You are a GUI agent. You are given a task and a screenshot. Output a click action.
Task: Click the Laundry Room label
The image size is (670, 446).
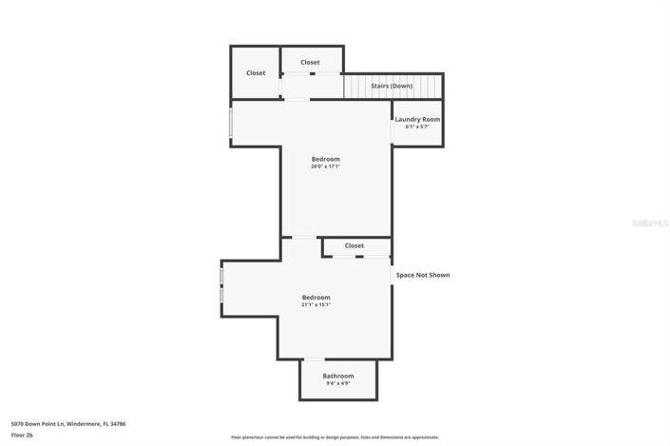[x=417, y=119]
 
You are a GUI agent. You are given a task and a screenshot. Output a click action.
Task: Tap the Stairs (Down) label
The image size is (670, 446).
[x=391, y=86]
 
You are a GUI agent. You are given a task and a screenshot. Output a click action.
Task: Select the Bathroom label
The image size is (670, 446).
[x=337, y=376]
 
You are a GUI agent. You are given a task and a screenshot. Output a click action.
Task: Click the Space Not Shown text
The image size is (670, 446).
[x=423, y=275]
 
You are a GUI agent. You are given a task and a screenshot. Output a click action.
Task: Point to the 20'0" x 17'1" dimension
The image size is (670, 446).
[x=325, y=166]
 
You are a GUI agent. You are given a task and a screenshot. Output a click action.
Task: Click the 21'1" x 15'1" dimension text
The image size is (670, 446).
[x=316, y=305]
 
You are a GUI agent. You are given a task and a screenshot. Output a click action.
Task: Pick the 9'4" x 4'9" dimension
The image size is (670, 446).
[x=337, y=384]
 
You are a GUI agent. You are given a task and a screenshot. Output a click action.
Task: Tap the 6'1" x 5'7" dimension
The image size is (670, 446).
[x=417, y=126]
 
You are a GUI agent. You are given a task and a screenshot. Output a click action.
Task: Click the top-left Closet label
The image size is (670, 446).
[x=256, y=73]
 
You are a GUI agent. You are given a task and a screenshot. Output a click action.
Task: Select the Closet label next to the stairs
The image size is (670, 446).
[x=310, y=63]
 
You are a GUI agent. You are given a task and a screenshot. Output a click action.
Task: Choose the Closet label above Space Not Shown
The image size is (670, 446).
[x=354, y=245]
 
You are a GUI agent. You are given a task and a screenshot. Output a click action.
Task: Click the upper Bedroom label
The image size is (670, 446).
[x=325, y=159]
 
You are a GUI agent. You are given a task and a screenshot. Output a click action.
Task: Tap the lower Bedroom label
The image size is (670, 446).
[x=316, y=297]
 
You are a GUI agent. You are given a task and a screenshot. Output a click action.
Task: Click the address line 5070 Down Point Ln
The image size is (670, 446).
[x=68, y=423]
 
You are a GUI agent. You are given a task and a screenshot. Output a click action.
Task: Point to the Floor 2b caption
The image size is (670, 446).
[x=22, y=435]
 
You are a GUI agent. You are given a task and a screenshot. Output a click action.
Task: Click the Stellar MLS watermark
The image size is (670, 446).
[x=651, y=223]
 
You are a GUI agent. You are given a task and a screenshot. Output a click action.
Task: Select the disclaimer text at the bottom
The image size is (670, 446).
[x=335, y=437]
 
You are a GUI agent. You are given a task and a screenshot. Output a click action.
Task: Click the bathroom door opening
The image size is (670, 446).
[x=313, y=359]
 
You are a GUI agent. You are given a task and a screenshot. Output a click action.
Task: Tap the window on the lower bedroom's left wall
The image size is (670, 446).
[x=222, y=285]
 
